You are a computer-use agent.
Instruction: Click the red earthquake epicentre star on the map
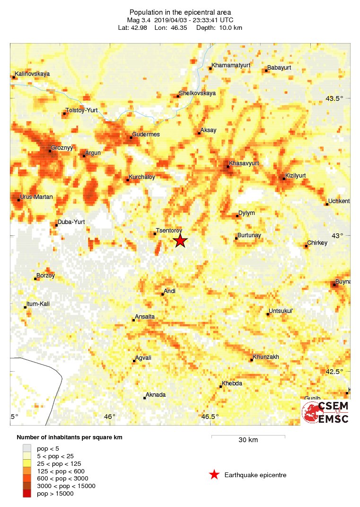click(180, 241)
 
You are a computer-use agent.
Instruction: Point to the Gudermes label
click(146, 134)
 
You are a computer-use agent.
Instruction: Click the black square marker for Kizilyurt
click(284, 178)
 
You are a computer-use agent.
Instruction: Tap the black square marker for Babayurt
click(266, 71)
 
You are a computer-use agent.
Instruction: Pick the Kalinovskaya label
click(32, 74)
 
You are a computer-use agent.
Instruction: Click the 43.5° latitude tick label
click(339, 98)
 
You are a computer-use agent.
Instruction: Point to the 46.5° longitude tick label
click(210, 417)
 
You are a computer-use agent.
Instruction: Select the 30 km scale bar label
click(248, 440)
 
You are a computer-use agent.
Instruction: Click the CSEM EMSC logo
click(326, 412)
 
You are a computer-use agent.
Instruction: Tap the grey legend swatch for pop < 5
click(27, 448)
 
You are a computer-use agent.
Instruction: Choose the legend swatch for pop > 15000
click(27, 494)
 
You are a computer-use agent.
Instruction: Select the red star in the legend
click(214, 475)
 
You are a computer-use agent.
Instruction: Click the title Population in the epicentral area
click(180, 12)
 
